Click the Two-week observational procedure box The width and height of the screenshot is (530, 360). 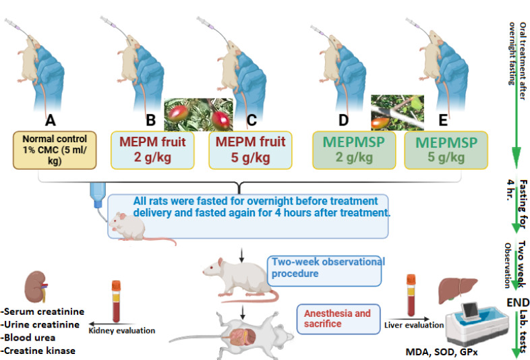point(327,268)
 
